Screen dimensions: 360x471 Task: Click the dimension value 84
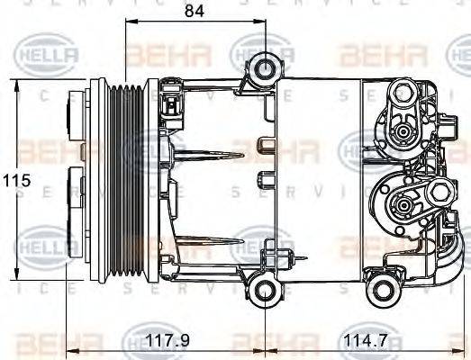click(x=194, y=12)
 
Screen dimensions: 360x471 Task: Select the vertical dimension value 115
click(x=16, y=180)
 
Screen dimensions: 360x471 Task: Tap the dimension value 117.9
click(x=168, y=342)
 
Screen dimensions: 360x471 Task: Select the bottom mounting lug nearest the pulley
click(x=264, y=288)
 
